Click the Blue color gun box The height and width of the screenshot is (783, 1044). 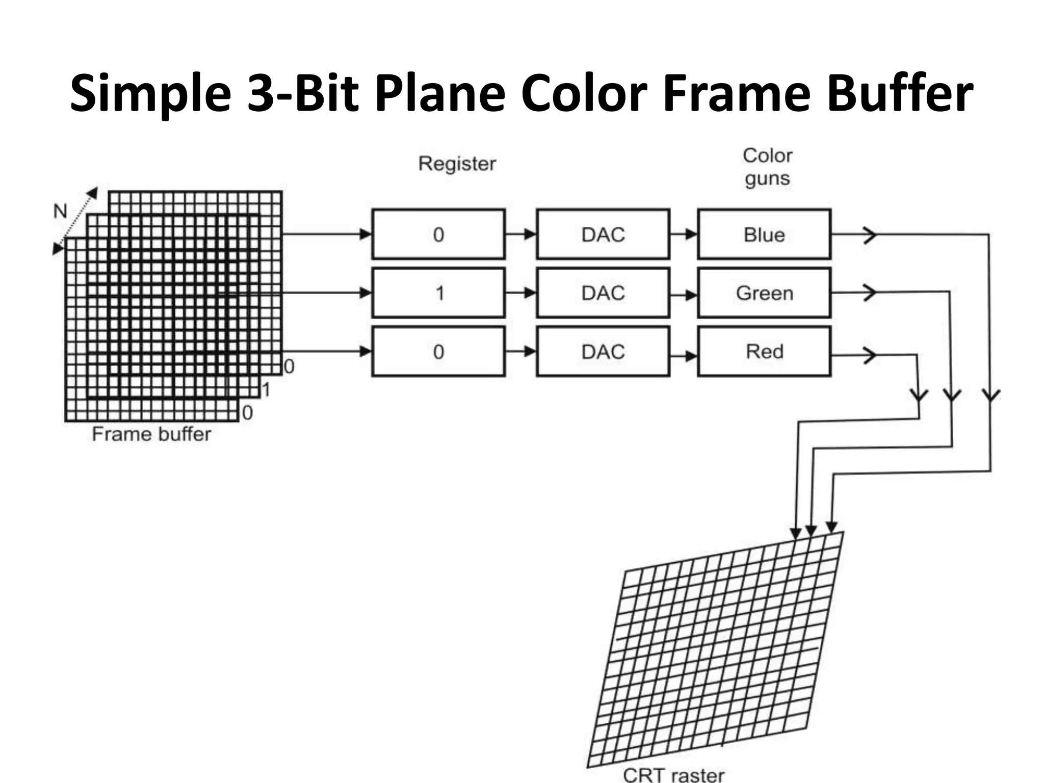pos(764,234)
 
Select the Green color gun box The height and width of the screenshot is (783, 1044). pos(764,293)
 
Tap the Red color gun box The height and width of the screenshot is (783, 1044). pos(764,352)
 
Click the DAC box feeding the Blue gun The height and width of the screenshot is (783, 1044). pos(603,234)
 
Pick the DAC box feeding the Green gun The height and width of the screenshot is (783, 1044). pos(603,293)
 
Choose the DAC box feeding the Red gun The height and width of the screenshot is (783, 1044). pos(603,352)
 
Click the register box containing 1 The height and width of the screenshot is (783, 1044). pos(438,293)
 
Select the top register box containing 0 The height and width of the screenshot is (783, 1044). pos(438,234)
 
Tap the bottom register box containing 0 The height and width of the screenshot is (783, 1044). pos(438,352)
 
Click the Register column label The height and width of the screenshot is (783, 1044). pos(457,164)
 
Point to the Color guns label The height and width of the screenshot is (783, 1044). pos(767,167)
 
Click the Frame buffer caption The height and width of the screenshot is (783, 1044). pos(151,434)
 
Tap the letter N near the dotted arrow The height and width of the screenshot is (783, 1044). pos(60,211)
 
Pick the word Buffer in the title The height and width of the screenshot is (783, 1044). pos(900,93)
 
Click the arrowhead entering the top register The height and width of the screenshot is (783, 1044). pos(366,234)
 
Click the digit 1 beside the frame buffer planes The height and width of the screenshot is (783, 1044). pos(266,390)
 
